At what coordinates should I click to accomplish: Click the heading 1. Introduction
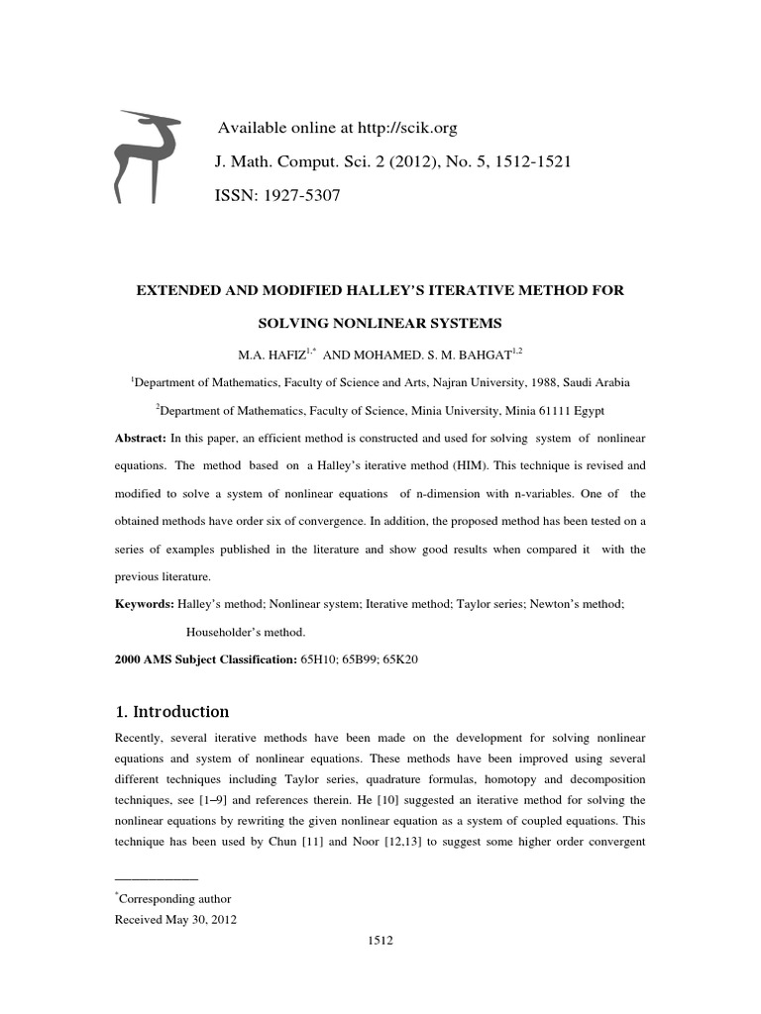click(172, 711)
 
